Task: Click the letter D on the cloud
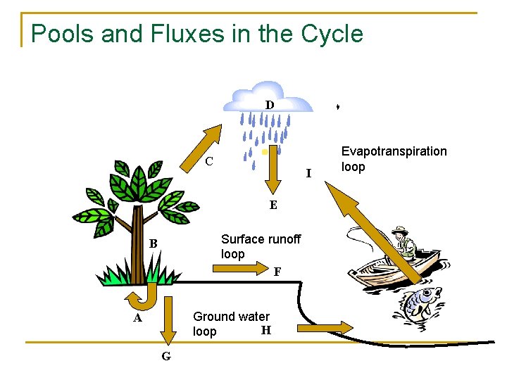(270, 105)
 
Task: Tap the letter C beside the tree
(209, 161)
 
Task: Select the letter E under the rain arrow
(273, 205)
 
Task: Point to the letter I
(308, 173)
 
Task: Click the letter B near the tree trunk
(153, 244)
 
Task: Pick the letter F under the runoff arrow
(277, 271)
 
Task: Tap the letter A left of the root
(139, 318)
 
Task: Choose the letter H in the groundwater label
(265, 329)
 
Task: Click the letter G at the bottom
(165, 356)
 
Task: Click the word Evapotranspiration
(394, 151)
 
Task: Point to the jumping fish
(420, 303)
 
